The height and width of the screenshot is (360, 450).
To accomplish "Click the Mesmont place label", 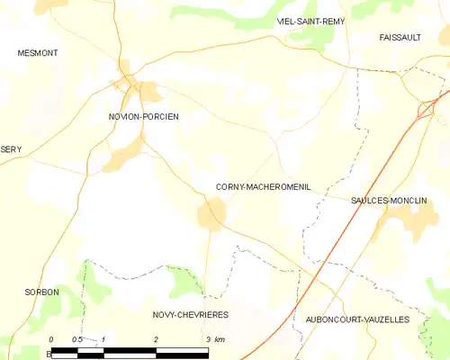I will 38,53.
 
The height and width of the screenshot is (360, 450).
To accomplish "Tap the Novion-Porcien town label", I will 138,117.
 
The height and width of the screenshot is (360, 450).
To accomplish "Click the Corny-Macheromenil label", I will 263,187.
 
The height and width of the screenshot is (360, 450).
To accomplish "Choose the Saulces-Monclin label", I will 388,202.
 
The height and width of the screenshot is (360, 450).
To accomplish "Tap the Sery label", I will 11,149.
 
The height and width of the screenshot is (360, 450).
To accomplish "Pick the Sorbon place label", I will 42,292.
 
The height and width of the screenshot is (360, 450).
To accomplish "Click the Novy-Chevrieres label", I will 190,315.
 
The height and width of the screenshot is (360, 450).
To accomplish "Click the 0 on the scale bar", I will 51,339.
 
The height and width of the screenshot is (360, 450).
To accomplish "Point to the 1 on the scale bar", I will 104,339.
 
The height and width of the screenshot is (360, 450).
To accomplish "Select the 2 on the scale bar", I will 157,339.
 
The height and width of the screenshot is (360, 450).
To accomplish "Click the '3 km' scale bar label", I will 214,339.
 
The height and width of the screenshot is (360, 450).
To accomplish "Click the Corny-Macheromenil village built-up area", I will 211,214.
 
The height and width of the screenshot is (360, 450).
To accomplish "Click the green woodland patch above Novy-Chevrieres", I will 186,281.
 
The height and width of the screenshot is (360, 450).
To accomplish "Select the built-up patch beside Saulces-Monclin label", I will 382,225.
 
